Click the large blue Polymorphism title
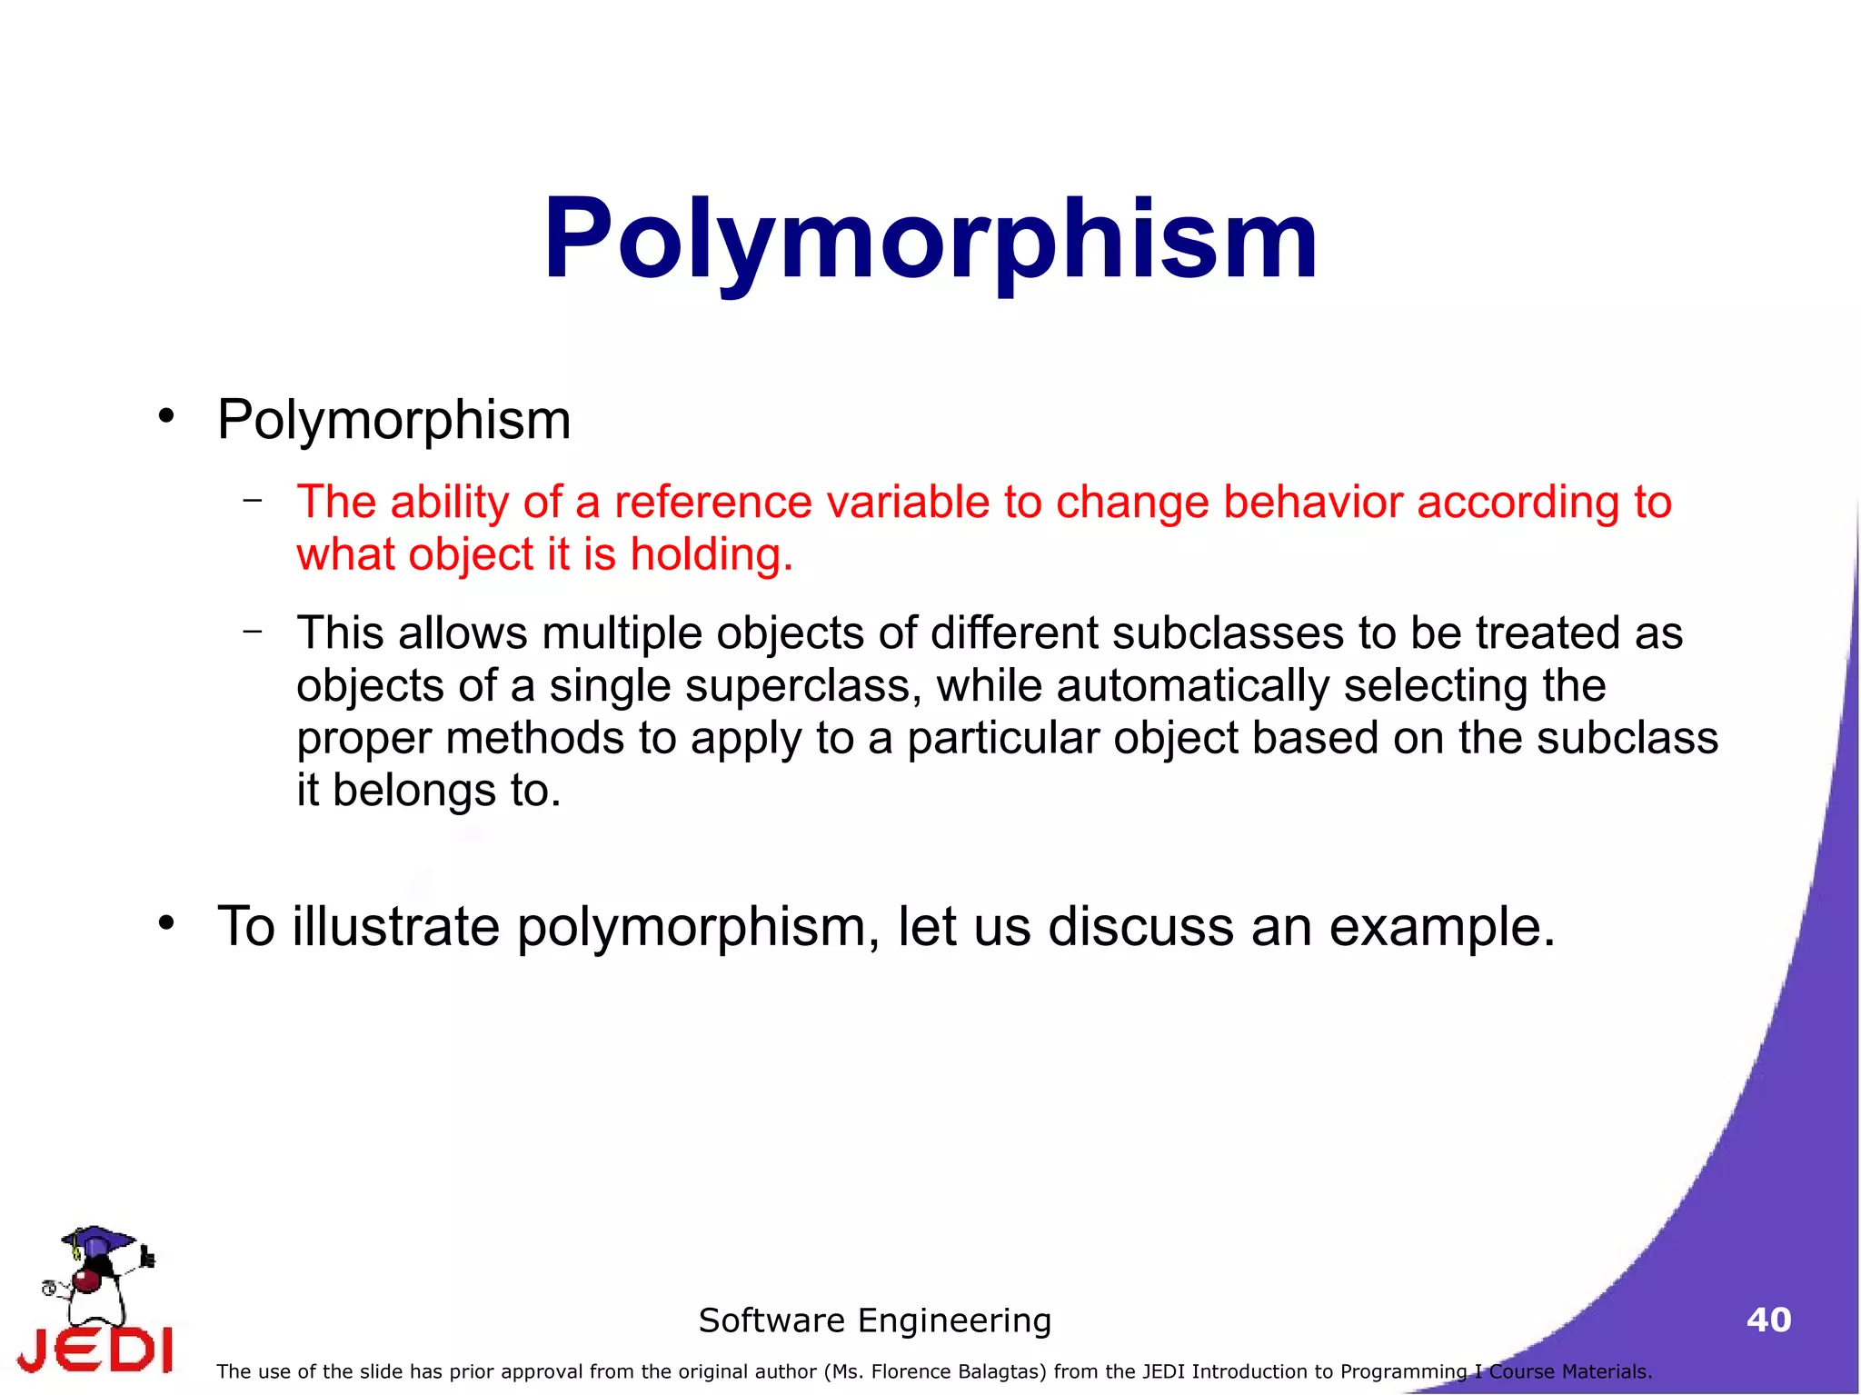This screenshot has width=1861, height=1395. click(930, 241)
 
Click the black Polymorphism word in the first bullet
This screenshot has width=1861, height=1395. click(393, 421)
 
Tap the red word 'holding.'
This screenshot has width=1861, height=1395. click(712, 555)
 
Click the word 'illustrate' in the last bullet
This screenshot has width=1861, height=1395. click(395, 928)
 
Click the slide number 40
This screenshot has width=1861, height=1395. click(1768, 1320)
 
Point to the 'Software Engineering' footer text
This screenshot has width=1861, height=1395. click(874, 1320)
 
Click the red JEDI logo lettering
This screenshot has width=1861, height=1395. click(95, 1350)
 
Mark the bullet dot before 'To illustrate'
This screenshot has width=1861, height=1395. click(165, 923)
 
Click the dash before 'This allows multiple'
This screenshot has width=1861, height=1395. click(253, 630)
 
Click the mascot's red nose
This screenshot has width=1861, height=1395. click(86, 1281)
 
